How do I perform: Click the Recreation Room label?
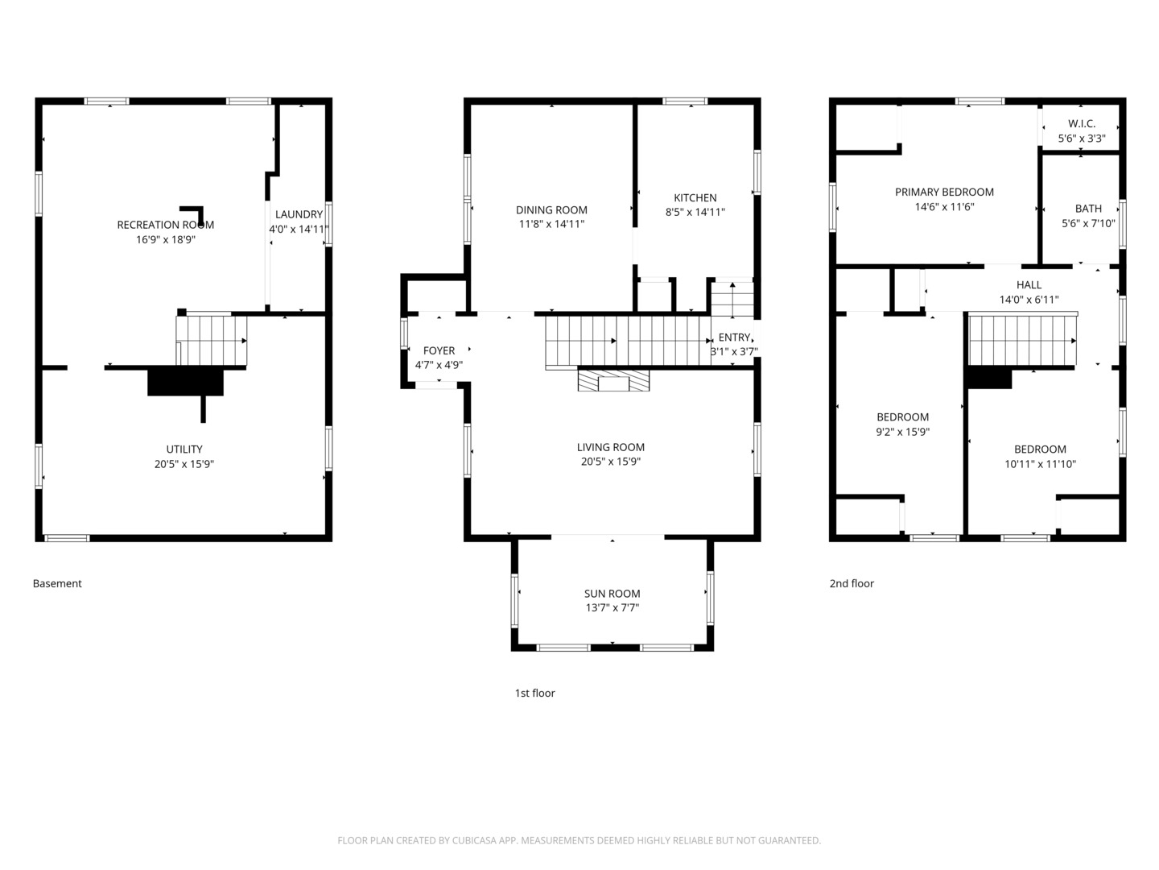tap(165, 225)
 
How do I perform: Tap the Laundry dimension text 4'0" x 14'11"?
tap(299, 229)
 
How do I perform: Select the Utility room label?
tap(184, 449)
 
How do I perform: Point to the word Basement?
tap(57, 583)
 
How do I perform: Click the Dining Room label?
tap(551, 209)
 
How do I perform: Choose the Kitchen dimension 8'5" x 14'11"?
tap(695, 212)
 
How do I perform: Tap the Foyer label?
tap(439, 350)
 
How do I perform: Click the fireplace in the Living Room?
tap(613, 380)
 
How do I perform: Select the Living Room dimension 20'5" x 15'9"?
tap(611, 461)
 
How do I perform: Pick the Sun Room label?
tap(612, 593)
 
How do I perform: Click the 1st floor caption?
tap(535, 693)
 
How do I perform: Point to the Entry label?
tap(734, 337)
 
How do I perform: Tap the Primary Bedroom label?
tap(944, 192)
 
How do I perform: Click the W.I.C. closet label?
tap(1082, 123)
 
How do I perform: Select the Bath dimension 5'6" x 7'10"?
tap(1088, 223)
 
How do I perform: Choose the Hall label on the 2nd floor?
tap(1029, 284)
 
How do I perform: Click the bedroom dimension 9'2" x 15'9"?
tap(902, 432)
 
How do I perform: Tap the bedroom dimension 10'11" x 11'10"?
tap(1040, 464)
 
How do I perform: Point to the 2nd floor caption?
tap(852, 583)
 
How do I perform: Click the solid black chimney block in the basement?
tap(185, 382)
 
